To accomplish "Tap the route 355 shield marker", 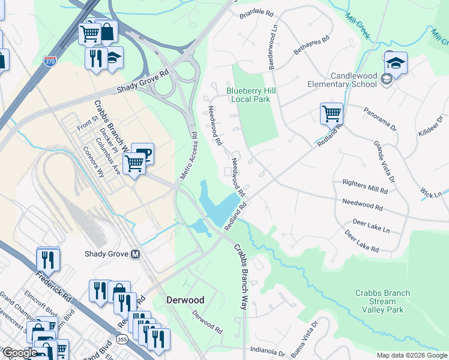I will tap(122, 340).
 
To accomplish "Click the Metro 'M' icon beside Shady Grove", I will tap(136, 254).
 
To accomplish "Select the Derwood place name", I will tap(185, 299).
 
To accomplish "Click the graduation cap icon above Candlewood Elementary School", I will tap(396, 61).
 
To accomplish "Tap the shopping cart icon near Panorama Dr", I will tap(331, 112).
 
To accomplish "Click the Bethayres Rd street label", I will tap(312, 46).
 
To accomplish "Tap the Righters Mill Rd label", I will tap(364, 185).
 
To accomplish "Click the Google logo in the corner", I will tap(19, 353).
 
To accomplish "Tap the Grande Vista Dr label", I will tap(384, 160).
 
